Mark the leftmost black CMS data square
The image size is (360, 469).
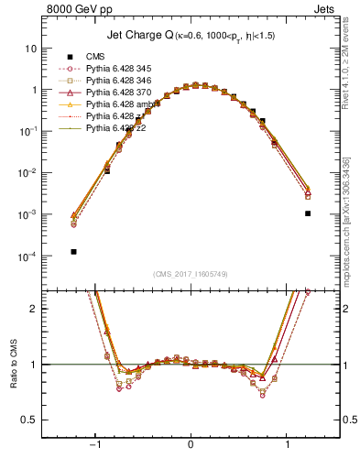(x=73, y=251)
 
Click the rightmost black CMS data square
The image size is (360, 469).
(x=308, y=213)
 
